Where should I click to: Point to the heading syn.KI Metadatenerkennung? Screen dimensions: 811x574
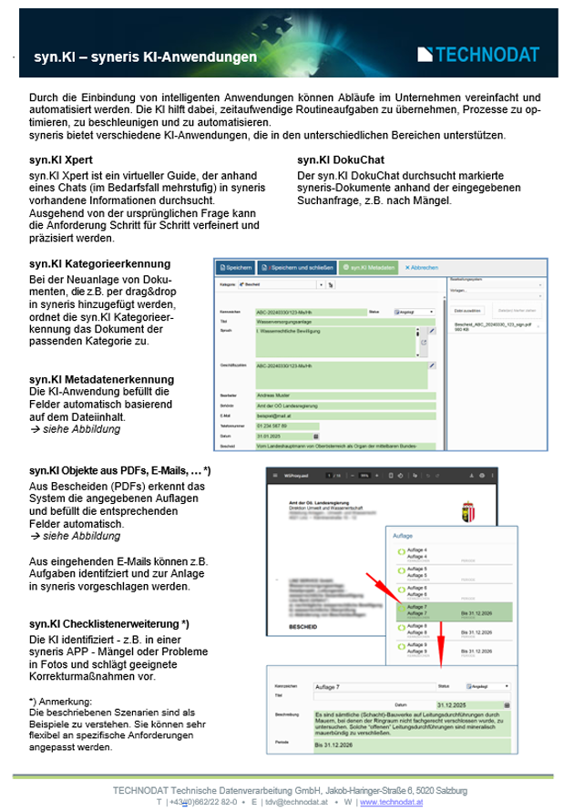tap(101, 378)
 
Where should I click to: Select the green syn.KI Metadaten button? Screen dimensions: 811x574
tap(370, 268)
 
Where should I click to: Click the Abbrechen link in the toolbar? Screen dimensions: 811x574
tap(422, 268)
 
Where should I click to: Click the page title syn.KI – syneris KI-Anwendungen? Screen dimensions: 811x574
tap(145, 57)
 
